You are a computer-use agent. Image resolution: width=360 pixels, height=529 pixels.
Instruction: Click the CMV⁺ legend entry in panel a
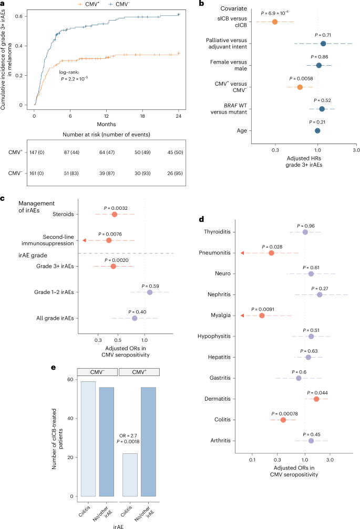click(x=86, y=5)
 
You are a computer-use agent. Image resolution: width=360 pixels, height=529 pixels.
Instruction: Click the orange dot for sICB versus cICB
click(x=275, y=22)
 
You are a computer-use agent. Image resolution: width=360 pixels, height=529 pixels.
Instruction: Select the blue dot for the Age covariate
click(x=317, y=130)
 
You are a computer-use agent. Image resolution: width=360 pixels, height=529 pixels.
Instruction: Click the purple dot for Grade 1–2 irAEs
click(x=150, y=292)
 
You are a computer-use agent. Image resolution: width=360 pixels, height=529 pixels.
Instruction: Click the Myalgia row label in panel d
click(x=217, y=316)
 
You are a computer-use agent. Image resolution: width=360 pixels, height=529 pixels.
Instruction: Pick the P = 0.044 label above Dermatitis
click(x=317, y=392)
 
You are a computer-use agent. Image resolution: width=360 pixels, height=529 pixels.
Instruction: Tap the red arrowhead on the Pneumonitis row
click(x=242, y=253)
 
